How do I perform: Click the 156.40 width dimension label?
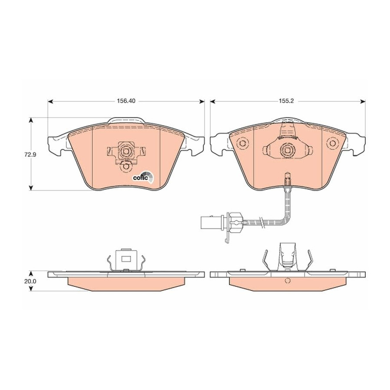[x=126, y=101]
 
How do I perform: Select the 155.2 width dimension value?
[x=288, y=101]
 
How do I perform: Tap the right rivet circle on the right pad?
[x=332, y=143]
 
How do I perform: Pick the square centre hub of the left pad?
[x=126, y=151]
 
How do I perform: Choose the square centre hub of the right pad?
[x=288, y=150]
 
